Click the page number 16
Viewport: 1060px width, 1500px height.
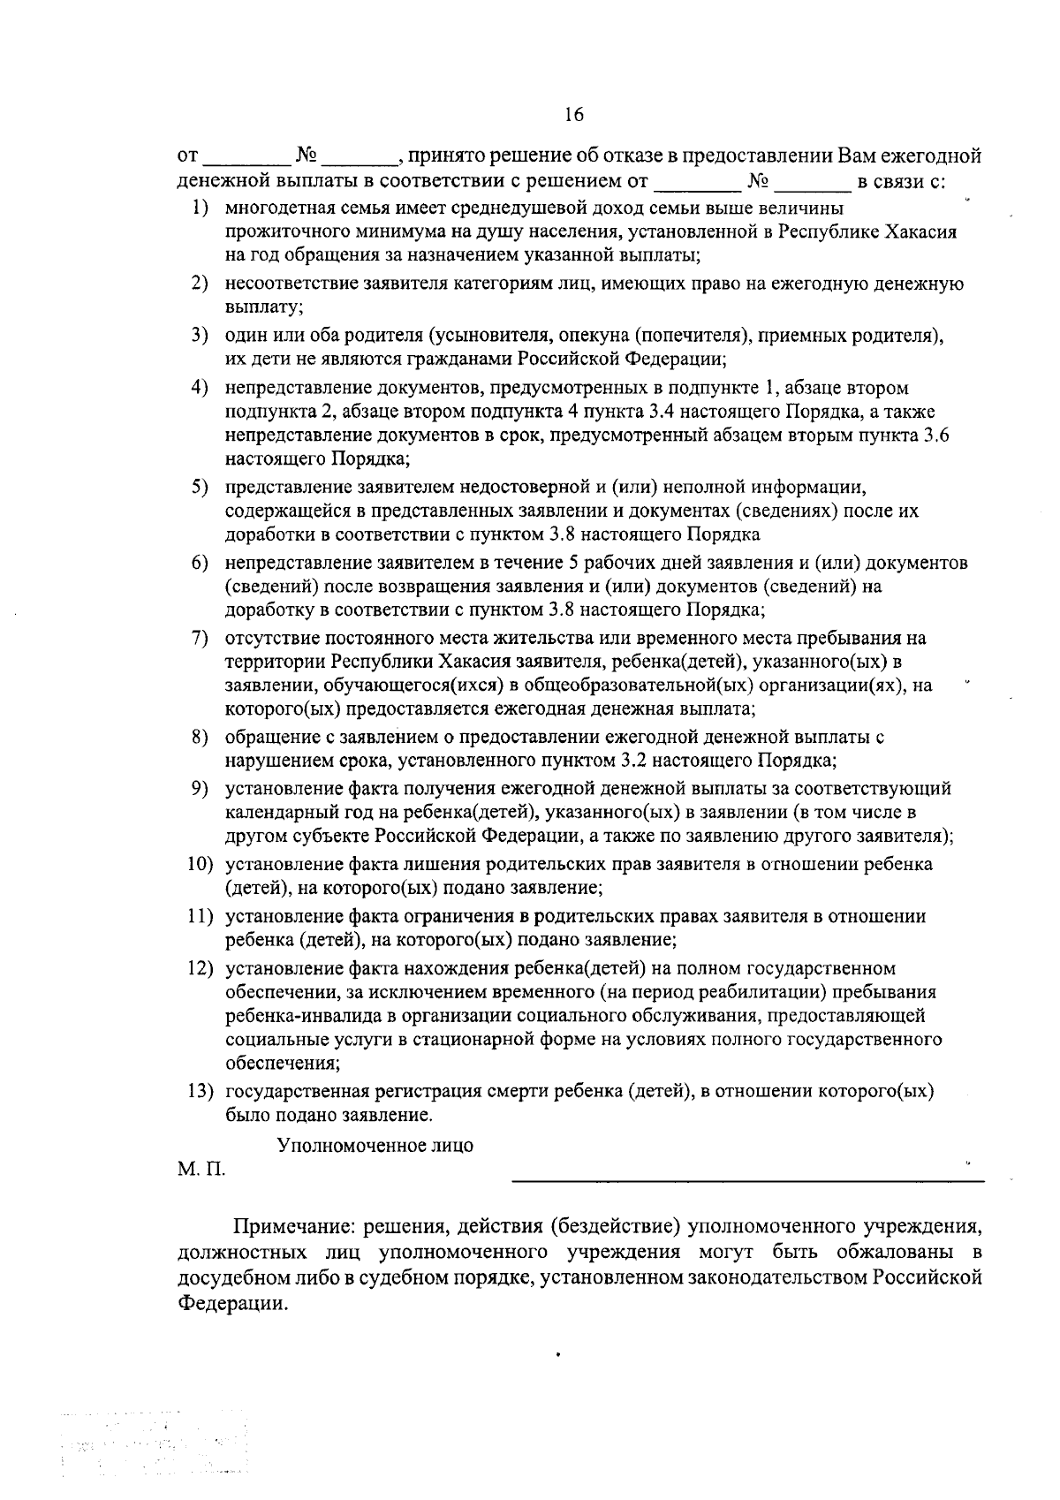coord(574,115)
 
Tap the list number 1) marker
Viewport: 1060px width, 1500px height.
coord(201,208)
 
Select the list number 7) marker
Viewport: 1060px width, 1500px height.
coord(200,639)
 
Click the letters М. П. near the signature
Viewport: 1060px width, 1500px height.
coord(201,1170)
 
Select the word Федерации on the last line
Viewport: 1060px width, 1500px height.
coord(233,1305)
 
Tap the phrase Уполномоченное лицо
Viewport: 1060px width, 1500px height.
coord(375,1146)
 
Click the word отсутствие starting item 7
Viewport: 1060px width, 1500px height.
coord(273,639)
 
